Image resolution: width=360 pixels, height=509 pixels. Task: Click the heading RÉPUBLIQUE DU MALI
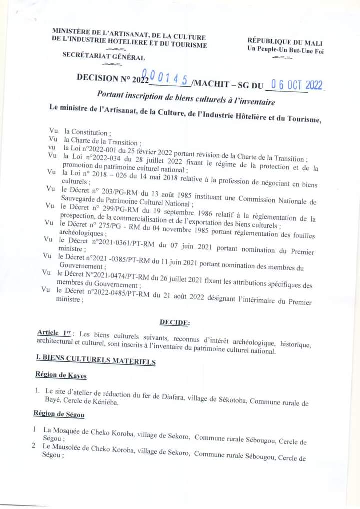tap(285, 43)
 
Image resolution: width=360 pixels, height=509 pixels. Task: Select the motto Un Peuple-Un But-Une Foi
tap(285, 51)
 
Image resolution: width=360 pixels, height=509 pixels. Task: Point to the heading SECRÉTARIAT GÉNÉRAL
tap(104, 57)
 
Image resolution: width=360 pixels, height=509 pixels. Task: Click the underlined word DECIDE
tap(174, 323)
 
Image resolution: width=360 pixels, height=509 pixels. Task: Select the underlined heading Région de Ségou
tap(58, 413)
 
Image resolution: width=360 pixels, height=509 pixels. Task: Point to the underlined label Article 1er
tap(55, 333)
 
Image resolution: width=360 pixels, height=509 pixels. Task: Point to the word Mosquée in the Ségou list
tap(68, 430)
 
